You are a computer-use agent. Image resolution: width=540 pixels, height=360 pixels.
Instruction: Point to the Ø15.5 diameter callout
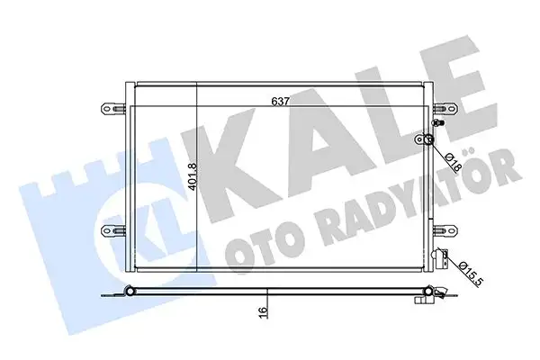point(468,271)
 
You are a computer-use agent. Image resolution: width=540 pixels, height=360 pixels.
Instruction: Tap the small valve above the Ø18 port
point(437,122)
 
